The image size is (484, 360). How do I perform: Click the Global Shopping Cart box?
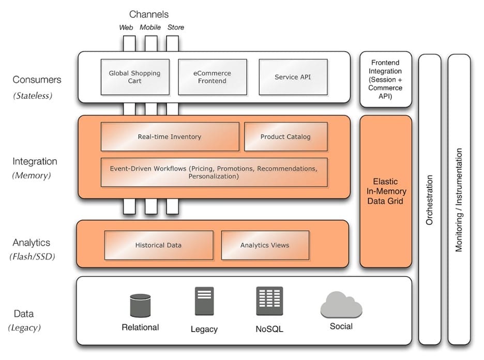(x=135, y=77)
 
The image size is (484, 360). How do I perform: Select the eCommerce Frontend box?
(x=212, y=77)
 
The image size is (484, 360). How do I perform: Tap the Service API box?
(x=293, y=77)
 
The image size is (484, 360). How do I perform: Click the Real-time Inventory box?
(x=170, y=137)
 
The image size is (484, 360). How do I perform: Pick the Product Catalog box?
(x=285, y=137)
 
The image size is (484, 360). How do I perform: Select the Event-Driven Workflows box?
(x=214, y=172)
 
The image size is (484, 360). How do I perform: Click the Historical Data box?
(x=158, y=245)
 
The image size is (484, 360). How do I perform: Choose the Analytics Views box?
(x=265, y=245)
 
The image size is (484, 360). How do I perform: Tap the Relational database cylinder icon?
(x=140, y=305)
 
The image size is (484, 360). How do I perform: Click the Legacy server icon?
(x=204, y=301)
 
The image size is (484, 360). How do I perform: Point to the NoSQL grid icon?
(x=269, y=301)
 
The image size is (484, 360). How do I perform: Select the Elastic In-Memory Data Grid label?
(x=386, y=191)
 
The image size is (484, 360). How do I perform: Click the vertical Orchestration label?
(x=429, y=200)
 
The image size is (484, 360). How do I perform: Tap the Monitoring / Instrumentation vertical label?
(x=459, y=200)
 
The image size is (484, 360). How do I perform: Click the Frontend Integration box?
(x=386, y=79)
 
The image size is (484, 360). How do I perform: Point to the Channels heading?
(x=149, y=14)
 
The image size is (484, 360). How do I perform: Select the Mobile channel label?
(x=150, y=27)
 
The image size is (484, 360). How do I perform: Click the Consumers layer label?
(x=37, y=80)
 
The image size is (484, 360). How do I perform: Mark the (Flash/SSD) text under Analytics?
(x=32, y=257)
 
